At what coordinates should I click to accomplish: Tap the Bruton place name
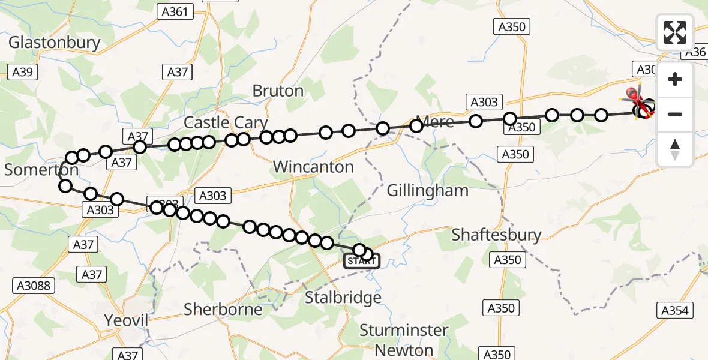click(278, 91)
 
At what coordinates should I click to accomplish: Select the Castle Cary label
click(225, 122)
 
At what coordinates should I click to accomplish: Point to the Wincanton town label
click(313, 167)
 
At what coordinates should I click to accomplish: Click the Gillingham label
click(427, 191)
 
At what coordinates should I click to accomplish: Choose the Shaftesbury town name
click(496, 235)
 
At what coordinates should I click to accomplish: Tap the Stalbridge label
click(343, 298)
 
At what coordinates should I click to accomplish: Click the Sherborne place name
click(223, 310)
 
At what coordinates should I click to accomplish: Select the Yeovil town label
click(126, 320)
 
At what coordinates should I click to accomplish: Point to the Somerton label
click(41, 170)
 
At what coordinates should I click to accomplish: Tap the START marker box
click(361, 261)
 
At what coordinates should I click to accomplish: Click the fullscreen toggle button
click(675, 32)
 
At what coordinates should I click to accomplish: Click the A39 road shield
click(23, 72)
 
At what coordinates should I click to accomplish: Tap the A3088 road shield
click(34, 286)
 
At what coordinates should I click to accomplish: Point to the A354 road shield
click(675, 310)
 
